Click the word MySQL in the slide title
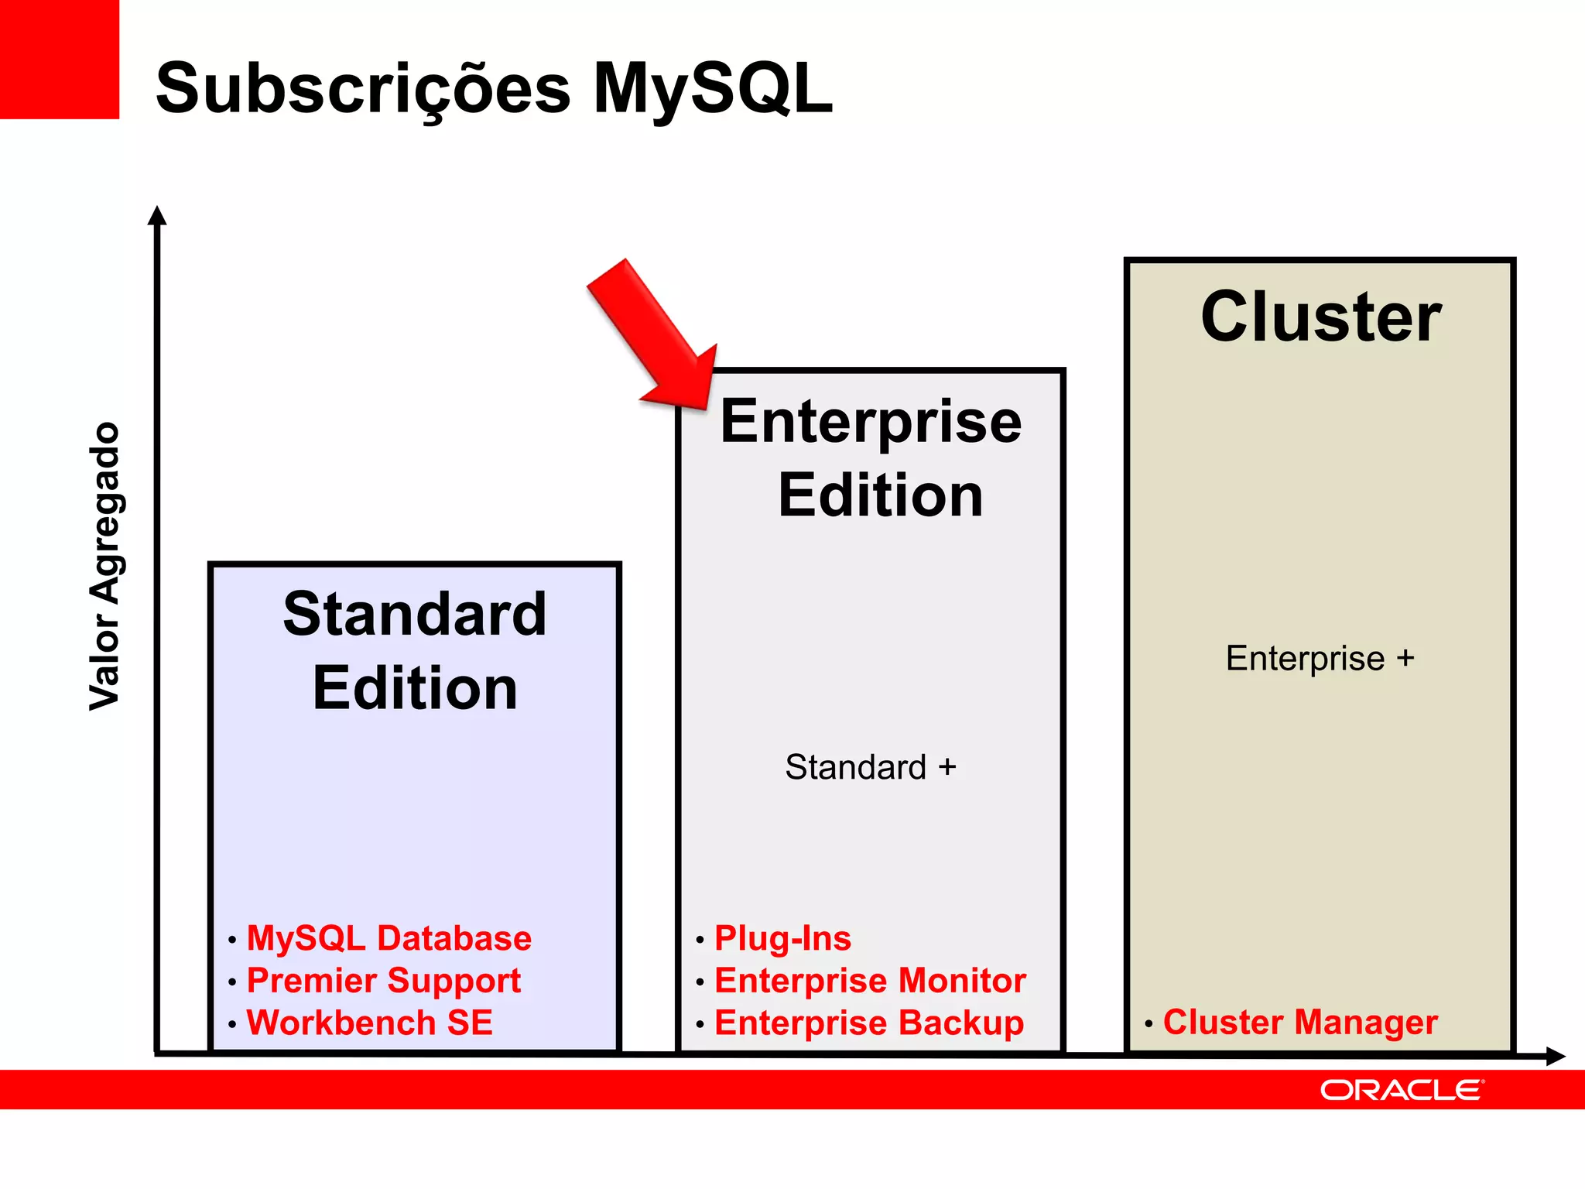pos(712,89)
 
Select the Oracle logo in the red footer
pos(1402,1090)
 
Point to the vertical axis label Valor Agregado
pos(104,566)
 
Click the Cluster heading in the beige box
pos(1320,317)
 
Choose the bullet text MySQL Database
pos(389,938)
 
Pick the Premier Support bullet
pos(383,981)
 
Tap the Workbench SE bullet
pos(369,1023)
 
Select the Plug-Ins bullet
pos(782,938)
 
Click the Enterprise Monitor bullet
pos(870,981)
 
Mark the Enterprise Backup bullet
pos(868,1023)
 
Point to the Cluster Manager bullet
pos(1300,1022)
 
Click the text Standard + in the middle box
pos(871,767)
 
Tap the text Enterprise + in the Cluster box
pos(1320,659)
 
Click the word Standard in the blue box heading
pos(415,614)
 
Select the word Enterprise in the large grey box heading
pos(871,422)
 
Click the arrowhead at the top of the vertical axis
pos(157,215)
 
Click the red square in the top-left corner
pos(60,59)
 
